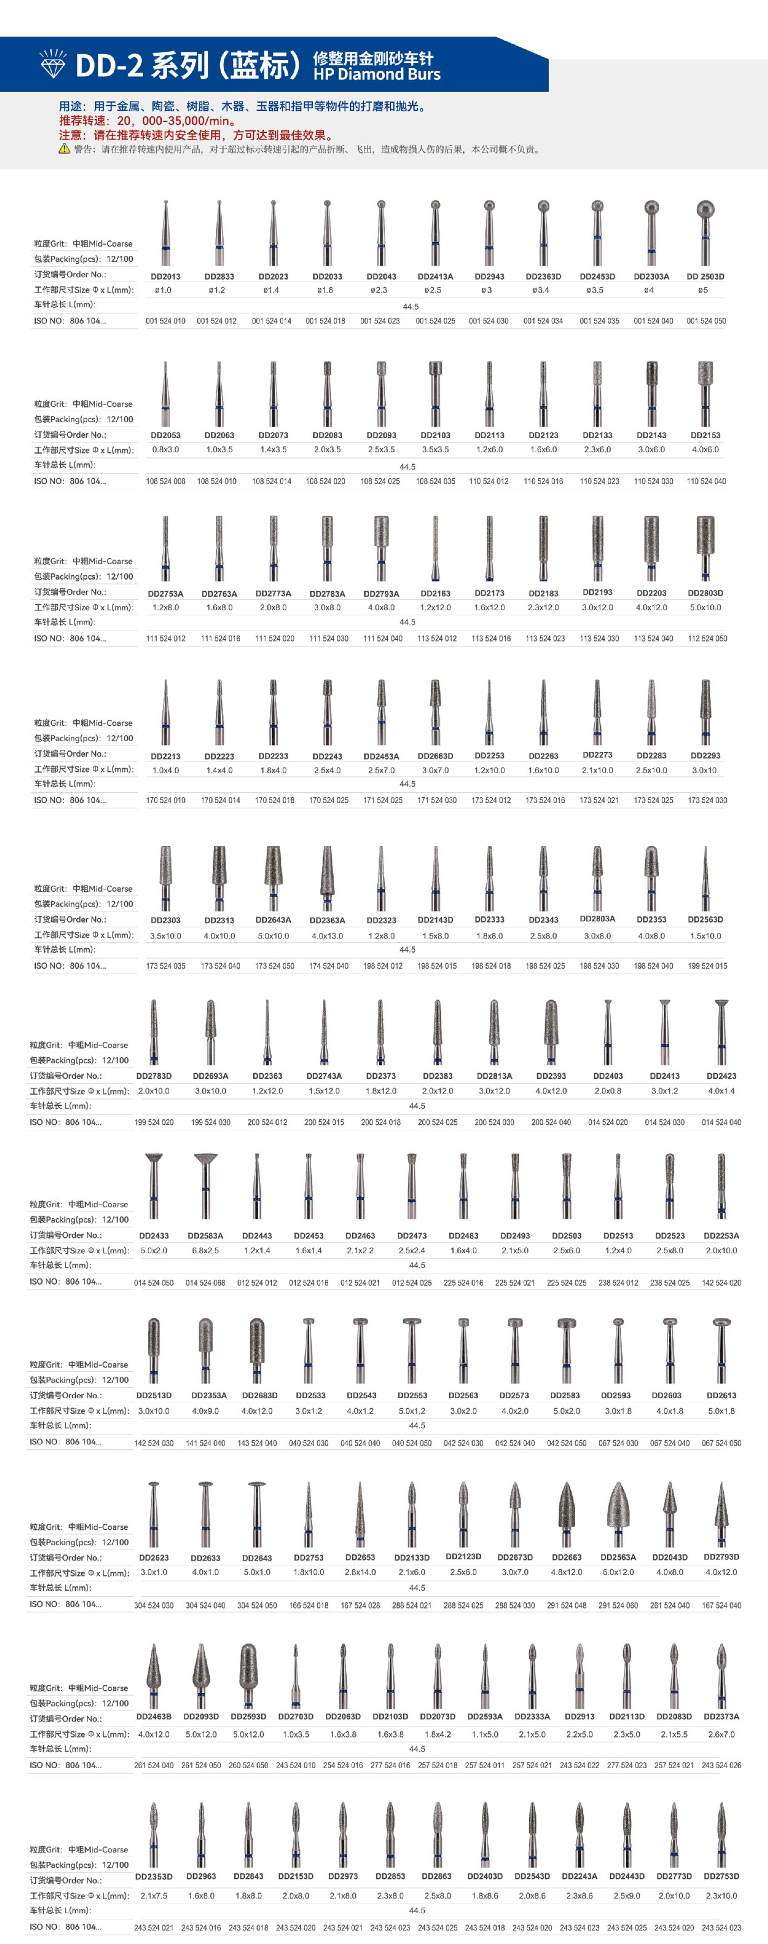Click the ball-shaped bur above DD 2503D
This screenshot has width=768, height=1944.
[705, 211]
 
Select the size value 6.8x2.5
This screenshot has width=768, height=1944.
[205, 1251]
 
